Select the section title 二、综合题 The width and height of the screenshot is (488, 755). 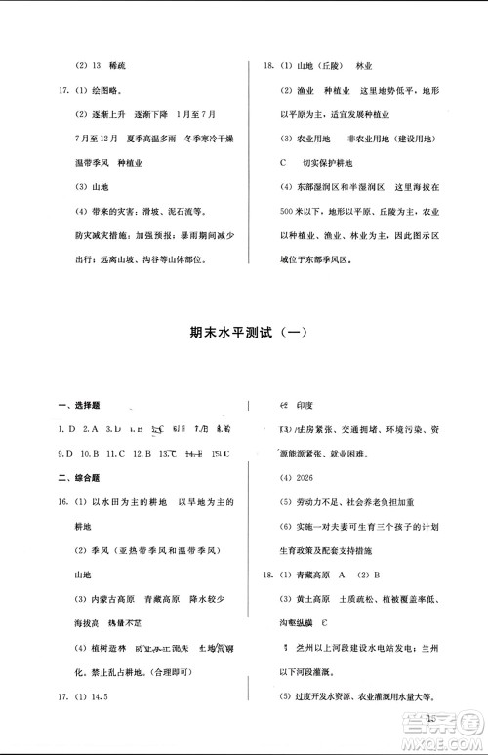coord(79,478)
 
